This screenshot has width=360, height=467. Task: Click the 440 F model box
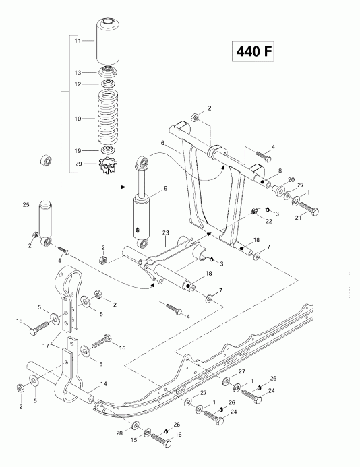click(256, 52)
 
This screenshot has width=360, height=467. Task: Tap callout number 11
click(78, 42)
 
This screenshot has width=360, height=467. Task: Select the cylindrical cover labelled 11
click(109, 42)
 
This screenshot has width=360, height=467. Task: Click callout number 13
click(78, 72)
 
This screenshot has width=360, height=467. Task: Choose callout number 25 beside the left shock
click(26, 204)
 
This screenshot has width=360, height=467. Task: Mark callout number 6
click(162, 144)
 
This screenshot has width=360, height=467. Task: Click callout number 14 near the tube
click(104, 385)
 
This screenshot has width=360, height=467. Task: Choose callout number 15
click(133, 440)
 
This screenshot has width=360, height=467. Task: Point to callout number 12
click(78, 84)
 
